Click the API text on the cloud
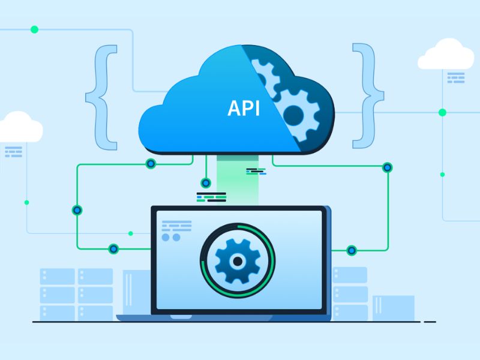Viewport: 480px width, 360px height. tap(244, 108)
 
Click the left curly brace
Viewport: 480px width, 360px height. tap(101, 97)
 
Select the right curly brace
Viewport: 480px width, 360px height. tap(368, 96)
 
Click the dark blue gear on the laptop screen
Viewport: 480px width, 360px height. tap(238, 261)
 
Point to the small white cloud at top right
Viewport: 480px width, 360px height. tap(446, 54)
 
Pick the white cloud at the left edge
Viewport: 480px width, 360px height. tap(20, 127)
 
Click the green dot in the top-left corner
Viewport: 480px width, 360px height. tap(35, 29)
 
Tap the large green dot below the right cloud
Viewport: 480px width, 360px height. tap(442, 113)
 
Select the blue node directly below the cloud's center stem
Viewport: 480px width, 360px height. tap(206, 183)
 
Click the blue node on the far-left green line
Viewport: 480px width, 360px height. tap(77, 211)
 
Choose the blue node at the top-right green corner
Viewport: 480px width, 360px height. tap(387, 167)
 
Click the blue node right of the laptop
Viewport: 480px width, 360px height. tap(352, 250)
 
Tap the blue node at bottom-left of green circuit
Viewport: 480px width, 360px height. tap(113, 248)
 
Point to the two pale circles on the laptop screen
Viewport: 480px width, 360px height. tap(171, 237)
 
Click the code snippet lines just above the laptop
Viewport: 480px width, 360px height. tap(211, 197)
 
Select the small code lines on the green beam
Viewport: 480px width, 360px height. tap(256, 172)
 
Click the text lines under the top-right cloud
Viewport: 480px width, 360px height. tap(456, 78)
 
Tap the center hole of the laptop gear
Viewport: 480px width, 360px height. tap(238, 261)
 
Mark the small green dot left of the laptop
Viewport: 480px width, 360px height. tap(131, 233)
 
